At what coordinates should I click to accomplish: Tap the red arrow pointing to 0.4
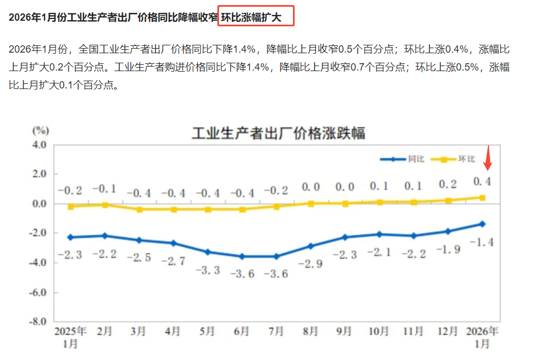coord(487,158)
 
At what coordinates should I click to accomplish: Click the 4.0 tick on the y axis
coord(38,144)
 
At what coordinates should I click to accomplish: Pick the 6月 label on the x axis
coord(241,331)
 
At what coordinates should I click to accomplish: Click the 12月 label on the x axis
coord(448,331)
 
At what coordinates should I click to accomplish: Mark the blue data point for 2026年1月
coord(482,224)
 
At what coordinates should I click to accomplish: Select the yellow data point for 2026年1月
coord(482,197)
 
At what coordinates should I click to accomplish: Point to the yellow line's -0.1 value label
coord(104,189)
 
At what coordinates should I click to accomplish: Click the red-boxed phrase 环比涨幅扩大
coord(256,17)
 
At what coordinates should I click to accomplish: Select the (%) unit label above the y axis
coord(40,130)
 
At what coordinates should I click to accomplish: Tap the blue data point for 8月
coord(310,246)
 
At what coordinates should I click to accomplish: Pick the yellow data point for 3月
coord(139,209)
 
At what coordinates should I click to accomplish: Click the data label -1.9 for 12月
coord(448,250)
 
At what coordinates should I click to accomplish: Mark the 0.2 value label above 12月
coord(448,184)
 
